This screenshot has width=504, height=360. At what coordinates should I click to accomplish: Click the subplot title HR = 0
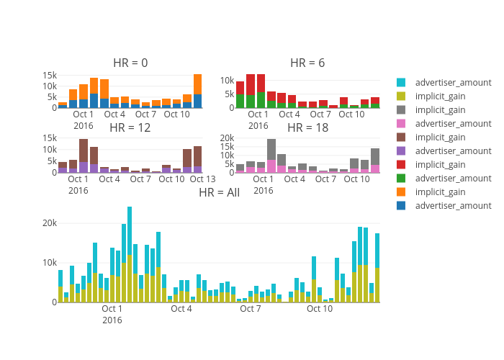(130, 63)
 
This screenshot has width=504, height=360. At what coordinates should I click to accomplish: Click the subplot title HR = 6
(307, 63)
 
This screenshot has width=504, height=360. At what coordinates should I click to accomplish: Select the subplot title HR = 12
(130, 127)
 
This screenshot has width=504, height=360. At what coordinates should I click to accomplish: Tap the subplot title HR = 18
(307, 127)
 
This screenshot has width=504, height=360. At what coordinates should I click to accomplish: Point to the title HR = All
(219, 192)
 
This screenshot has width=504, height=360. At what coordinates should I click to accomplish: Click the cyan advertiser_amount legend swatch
(401, 83)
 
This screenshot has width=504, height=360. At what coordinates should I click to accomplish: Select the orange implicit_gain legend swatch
(401, 192)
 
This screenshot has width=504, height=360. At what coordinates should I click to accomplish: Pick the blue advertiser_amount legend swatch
(401, 206)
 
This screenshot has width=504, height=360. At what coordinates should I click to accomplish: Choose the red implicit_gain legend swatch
(401, 165)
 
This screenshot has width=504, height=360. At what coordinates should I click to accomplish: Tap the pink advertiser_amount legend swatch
(401, 124)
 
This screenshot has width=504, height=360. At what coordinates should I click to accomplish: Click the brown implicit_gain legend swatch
(401, 138)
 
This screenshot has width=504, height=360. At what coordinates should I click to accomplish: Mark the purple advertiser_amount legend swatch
(401, 151)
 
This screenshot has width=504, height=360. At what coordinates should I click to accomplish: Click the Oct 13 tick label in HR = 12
(202, 179)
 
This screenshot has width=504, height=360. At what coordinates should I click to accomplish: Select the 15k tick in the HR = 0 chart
(50, 75)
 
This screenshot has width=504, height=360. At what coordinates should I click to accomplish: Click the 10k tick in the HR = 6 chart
(226, 81)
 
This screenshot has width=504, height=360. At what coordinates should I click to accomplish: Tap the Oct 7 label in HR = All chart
(250, 309)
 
